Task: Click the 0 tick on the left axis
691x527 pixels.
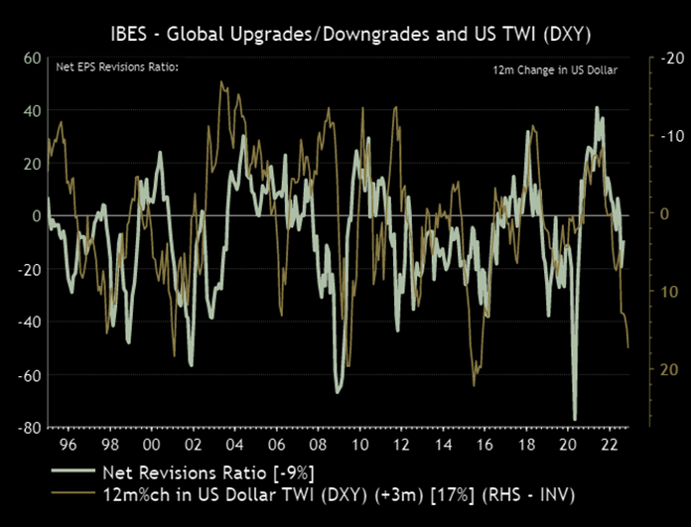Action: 35,215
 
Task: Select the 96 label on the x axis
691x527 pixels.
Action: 69,446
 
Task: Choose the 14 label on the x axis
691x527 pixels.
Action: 443,446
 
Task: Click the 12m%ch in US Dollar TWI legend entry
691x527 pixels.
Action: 338,493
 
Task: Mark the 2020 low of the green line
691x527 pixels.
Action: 575,420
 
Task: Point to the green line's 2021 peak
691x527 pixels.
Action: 597,108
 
